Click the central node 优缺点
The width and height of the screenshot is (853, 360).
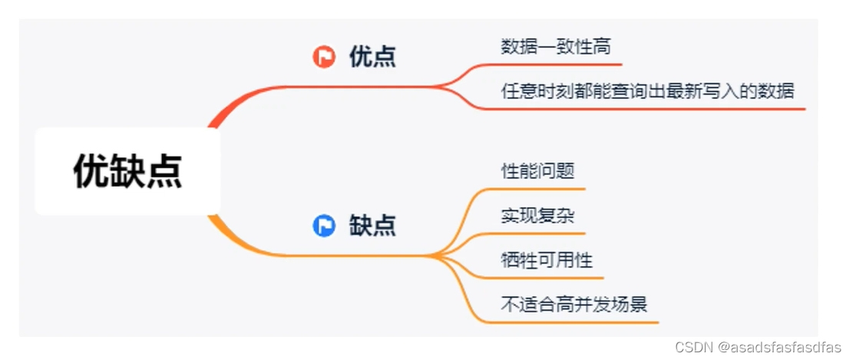[x=127, y=171]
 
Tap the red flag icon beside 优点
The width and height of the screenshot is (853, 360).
[x=324, y=56]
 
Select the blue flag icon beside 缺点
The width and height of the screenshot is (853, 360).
[x=324, y=226]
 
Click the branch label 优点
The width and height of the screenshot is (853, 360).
[x=372, y=57]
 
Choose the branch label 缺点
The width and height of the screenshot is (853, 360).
[x=372, y=226]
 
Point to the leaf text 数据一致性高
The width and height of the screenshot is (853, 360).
[x=555, y=47]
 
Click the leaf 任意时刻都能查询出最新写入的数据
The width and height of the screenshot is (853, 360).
[x=647, y=91]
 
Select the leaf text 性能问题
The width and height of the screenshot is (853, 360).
[x=537, y=170]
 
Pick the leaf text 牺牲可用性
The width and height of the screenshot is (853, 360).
[x=547, y=260]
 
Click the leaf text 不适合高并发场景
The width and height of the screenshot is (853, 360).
[x=574, y=305]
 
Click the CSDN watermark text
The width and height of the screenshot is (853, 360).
[x=693, y=347]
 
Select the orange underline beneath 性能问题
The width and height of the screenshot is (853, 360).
[x=537, y=188]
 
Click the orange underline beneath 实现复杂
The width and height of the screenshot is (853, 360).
[x=537, y=233]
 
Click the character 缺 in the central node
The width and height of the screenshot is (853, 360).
[x=127, y=171]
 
